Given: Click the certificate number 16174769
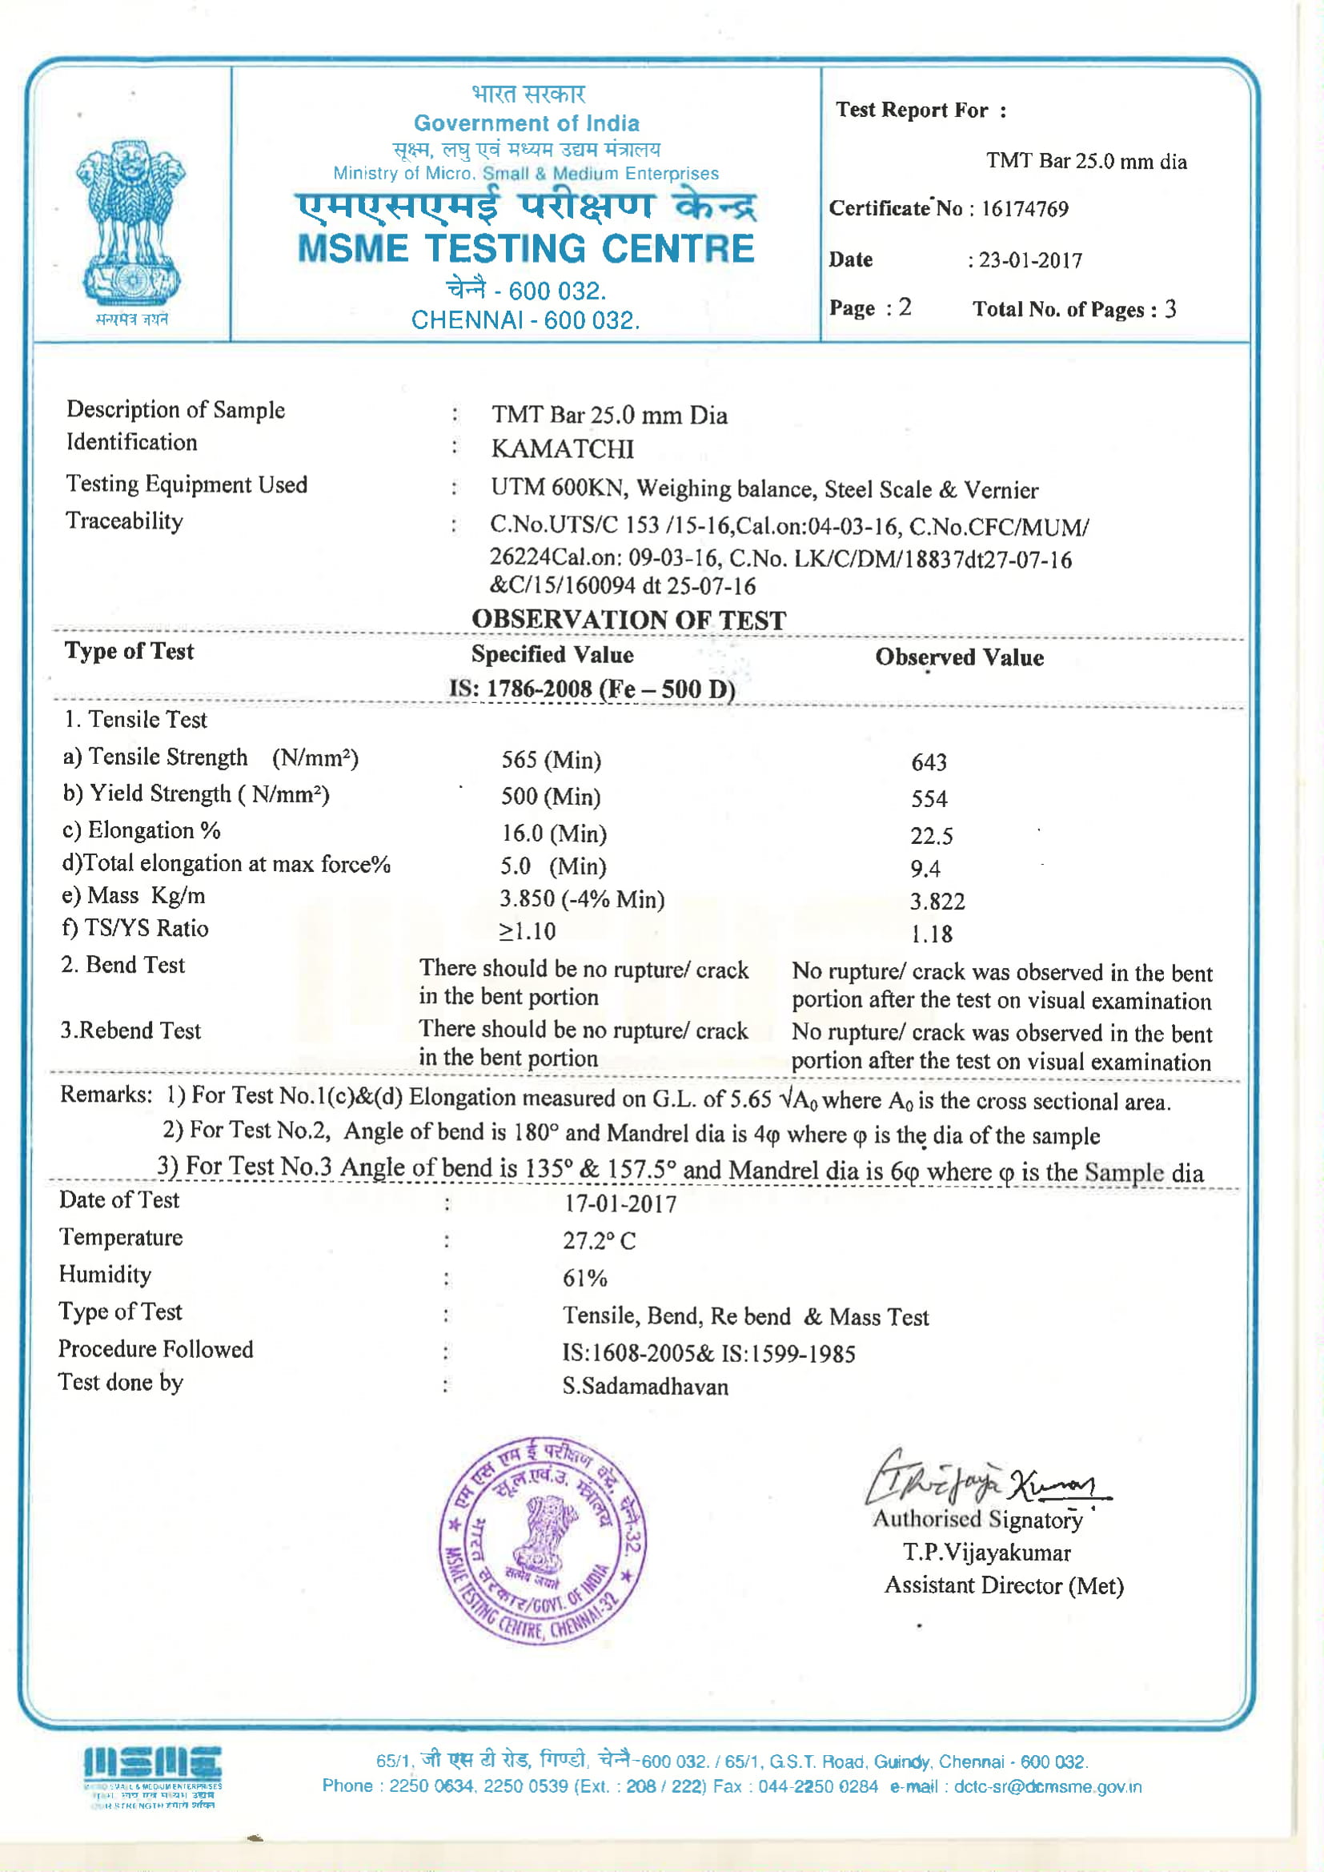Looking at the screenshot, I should coord(1024,209).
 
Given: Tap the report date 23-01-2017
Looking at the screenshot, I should coord(1030,260).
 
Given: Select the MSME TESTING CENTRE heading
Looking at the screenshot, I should coord(526,249).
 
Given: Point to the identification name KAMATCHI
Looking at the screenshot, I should coord(562,448).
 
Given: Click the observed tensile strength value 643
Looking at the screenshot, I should coord(929,762).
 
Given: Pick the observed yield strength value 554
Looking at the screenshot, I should coord(929,799).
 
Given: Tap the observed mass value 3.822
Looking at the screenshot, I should coord(937,901).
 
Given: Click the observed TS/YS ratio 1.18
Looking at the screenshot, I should coord(931,934).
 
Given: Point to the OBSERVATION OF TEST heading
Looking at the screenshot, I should coord(628,620).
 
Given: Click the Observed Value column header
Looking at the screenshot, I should coord(959,657).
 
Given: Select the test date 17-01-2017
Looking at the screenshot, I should coord(620,1203).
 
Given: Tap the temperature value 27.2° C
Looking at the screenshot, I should coord(599,1240).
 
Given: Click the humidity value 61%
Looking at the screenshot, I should coord(584,1278).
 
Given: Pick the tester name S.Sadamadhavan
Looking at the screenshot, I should coord(645,1386).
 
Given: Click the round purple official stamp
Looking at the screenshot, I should coord(543,1541).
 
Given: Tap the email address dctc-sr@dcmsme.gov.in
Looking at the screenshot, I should coord(1047,1786).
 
